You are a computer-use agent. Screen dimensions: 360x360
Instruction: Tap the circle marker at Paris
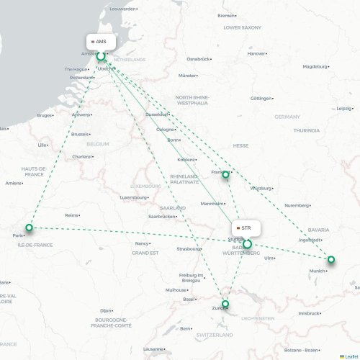tap(30, 228)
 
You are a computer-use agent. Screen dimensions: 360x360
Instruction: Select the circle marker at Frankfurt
tap(225, 174)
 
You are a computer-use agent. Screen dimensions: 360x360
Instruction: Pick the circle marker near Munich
tap(331, 259)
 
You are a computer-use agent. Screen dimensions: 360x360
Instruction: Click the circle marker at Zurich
tap(225, 305)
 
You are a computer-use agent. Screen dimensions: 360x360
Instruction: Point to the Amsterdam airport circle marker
tap(101, 56)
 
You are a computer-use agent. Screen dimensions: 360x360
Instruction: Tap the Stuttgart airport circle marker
tap(247, 244)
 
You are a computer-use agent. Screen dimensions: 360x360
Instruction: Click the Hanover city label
tap(256, 53)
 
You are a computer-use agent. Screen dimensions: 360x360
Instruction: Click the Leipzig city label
tap(344, 108)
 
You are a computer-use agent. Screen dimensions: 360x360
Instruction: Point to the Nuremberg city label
tap(296, 205)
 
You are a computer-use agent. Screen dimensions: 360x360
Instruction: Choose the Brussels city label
tap(80, 134)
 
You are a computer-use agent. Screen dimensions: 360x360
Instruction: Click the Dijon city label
tap(106, 310)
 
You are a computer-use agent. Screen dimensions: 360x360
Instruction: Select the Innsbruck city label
tap(309, 313)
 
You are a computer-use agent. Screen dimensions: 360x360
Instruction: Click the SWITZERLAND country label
tap(214, 336)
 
